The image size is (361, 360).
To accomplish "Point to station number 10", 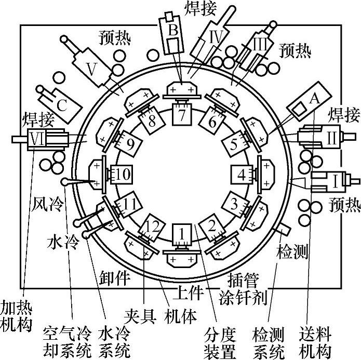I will pos(121,175).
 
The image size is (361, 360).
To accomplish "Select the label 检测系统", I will pos(270,340).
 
